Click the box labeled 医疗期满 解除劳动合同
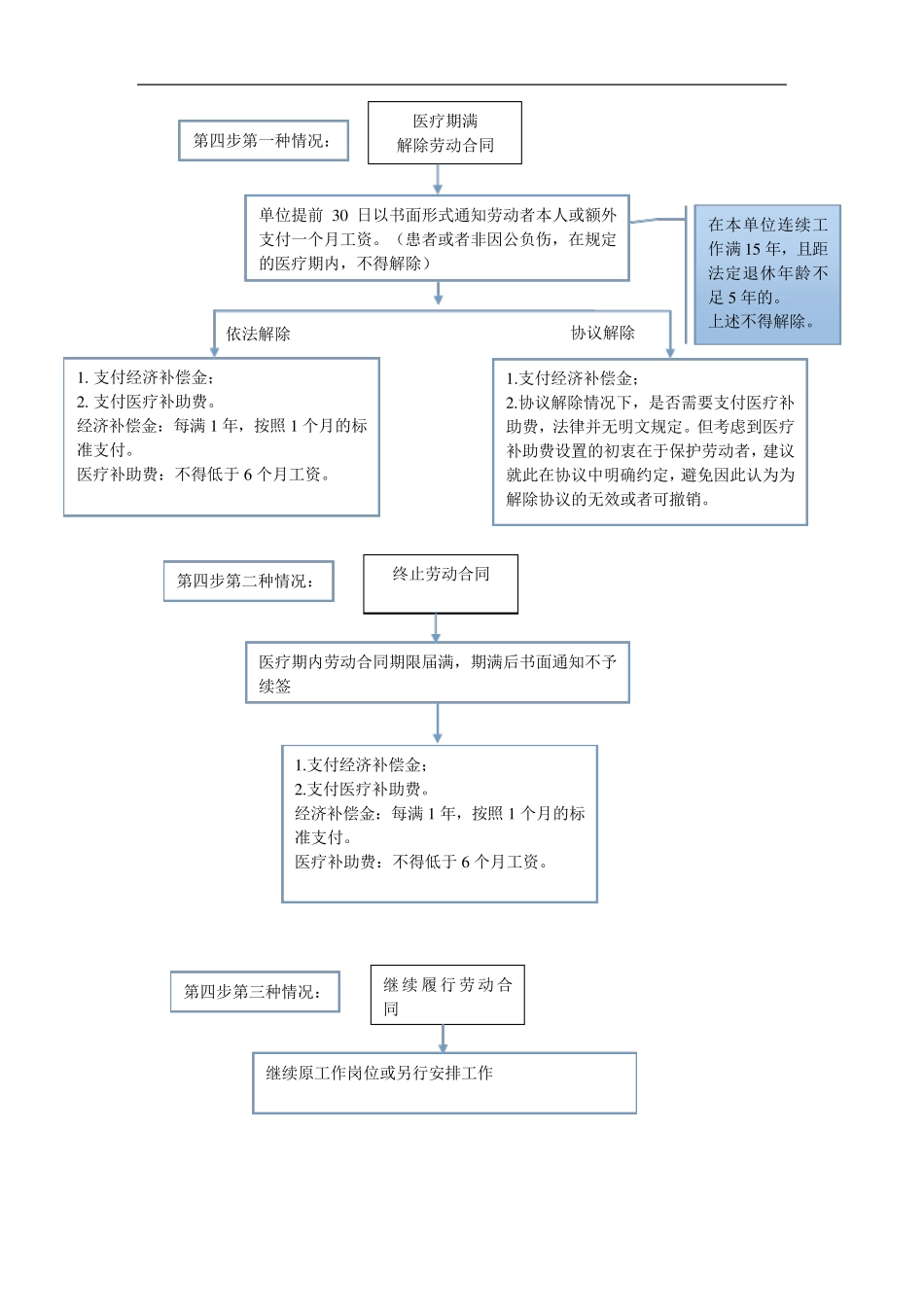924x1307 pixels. (x=444, y=133)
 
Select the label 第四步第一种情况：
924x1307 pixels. (x=263, y=141)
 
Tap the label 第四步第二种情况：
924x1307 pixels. (x=248, y=582)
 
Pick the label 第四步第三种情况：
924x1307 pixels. (x=255, y=992)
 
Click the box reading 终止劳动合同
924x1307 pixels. (x=441, y=583)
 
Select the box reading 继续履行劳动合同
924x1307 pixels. (x=447, y=995)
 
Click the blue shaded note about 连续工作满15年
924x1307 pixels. (x=767, y=273)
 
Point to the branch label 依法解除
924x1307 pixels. (x=259, y=334)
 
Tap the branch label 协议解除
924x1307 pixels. (x=602, y=333)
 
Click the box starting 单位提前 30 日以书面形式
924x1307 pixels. (x=437, y=238)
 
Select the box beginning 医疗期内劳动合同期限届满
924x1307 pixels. (x=437, y=673)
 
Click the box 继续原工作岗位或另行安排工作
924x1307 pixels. (x=444, y=1082)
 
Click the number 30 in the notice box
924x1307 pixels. (x=339, y=215)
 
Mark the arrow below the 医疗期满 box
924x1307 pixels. (x=438, y=180)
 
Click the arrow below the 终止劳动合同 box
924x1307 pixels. (x=437, y=628)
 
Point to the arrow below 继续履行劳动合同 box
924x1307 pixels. (x=444, y=1039)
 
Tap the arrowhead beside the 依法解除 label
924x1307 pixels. (x=215, y=349)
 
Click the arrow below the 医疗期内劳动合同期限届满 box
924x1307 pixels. (x=438, y=724)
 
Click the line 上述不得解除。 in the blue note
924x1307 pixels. (x=762, y=322)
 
